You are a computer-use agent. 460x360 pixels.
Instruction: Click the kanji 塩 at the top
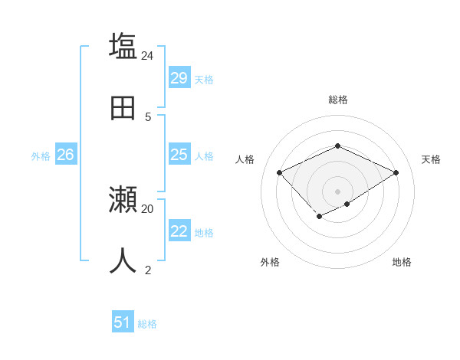coord(123,46)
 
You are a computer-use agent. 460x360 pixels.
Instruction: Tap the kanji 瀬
coord(123,200)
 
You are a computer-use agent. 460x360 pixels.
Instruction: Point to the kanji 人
coord(123,260)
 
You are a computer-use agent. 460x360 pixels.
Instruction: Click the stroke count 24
coord(148,55)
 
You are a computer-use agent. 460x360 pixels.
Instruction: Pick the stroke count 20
coord(148,208)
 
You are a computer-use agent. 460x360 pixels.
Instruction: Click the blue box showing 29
coord(179,78)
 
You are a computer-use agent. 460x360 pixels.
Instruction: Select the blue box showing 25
coord(179,155)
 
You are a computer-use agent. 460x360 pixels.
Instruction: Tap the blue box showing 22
coord(179,231)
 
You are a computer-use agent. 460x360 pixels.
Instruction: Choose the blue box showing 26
coord(65,155)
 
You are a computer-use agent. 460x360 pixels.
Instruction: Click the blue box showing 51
coord(122,322)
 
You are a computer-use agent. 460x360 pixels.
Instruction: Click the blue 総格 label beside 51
coord(147,324)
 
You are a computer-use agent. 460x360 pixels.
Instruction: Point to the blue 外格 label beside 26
coord(41,156)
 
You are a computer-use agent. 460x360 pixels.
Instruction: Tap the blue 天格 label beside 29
coord(203,80)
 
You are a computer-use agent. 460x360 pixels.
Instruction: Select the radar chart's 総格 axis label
coord(337,100)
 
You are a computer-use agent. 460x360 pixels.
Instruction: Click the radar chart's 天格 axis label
coord(431,159)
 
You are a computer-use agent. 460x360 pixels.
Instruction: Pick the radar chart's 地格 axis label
coord(402,262)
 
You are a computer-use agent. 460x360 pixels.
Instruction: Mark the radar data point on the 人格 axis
coord(280,172)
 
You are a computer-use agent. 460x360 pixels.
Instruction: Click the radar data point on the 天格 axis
coord(396,172)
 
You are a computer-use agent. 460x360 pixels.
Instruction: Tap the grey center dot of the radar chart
coord(337,191)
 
